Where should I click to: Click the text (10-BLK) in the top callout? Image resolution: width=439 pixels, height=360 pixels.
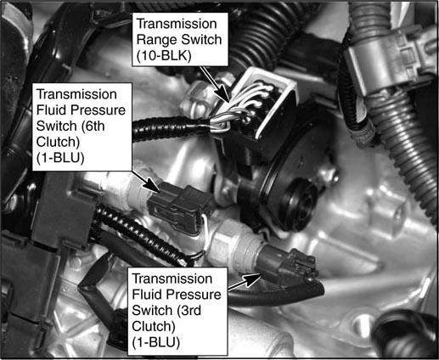coord(164,56)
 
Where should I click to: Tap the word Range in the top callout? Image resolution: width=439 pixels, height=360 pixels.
coord(156,40)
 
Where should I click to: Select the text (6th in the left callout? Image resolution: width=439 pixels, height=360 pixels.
coord(89,126)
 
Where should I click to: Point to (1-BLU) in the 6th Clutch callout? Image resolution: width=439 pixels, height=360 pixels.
coord(60,158)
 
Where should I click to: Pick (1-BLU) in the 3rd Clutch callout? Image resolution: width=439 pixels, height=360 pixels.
coord(156,342)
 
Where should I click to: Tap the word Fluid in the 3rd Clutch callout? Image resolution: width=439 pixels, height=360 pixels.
coord(147,295)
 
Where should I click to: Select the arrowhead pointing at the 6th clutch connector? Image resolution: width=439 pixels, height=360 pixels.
coord(153,186)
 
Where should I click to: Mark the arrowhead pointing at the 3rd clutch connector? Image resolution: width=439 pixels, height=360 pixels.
coord(252,279)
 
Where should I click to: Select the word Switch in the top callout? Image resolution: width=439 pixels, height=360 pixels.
coord(201,40)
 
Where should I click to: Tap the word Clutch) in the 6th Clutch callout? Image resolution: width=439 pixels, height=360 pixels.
coord(58,142)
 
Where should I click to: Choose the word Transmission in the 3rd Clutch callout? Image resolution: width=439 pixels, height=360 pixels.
coord(172,278)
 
